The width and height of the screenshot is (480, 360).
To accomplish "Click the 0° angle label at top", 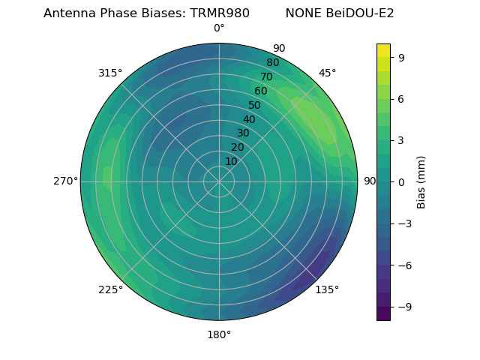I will pos(219,28).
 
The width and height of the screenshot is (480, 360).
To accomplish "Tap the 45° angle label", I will pos(327,73).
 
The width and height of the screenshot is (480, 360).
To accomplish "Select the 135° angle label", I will pos(327,289).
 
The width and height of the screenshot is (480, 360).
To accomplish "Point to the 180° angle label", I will pos(219,334).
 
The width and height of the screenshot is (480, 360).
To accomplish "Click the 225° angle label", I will pos(110,290).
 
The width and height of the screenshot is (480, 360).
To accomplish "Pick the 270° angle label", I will pos(65,181).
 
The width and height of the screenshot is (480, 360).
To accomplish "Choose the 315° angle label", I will pos(110,73).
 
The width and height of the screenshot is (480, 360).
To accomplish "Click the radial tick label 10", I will pos(231,161).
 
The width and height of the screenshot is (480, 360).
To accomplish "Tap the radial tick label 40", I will pos(249,119).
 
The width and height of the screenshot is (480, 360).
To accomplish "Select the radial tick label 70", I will pos(267,76).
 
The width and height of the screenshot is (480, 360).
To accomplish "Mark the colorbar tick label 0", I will pos(400,182).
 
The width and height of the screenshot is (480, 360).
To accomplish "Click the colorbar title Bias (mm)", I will pos(421,182).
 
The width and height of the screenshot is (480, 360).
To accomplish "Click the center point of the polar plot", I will pos(219,181).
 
